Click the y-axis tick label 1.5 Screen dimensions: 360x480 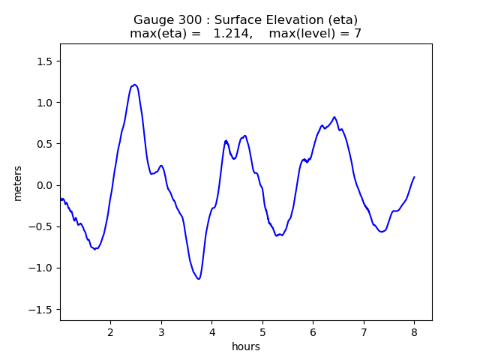[x=46, y=61]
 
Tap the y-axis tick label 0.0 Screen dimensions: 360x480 [x=46, y=185]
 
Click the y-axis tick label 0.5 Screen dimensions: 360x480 [x=46, y=144]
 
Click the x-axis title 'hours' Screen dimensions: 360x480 [x=246, y=346]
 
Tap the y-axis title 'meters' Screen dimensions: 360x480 [x=17, y=183]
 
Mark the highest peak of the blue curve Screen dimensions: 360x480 [x=135, y=85]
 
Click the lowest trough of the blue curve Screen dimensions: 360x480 [x=199, y=279]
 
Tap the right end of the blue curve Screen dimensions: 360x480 [x=414, y=177]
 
